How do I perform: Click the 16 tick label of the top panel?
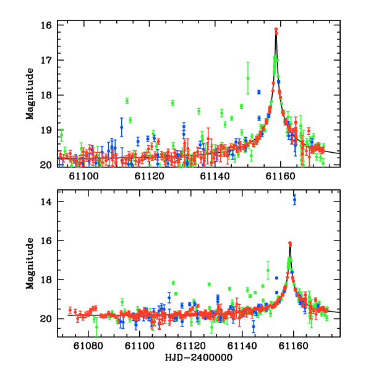(46, 25)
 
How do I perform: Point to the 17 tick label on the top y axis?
(46, 60)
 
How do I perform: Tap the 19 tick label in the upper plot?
(46, 130)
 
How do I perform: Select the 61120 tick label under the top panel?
(149, 176)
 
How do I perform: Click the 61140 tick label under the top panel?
(215, 176)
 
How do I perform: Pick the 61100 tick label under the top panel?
(83, 176)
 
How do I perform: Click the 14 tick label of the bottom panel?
(46, 202)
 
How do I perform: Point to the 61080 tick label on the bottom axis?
(88, 346)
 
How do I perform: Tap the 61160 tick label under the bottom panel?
(293, 346)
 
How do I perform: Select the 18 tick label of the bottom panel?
(46, 279)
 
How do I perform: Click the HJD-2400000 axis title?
(198, 357)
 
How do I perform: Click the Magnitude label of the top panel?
(30, 94)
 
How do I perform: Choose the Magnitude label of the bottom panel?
(30, 263)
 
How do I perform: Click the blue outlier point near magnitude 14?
(294, 200)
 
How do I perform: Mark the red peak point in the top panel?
(276, 29)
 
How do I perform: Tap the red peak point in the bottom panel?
(290, 243)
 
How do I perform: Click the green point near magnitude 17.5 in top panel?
(248, 79)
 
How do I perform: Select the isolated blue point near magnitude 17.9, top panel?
(259, 92)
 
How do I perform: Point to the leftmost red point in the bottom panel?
(70, 310)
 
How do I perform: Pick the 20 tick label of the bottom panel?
(46, 319)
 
